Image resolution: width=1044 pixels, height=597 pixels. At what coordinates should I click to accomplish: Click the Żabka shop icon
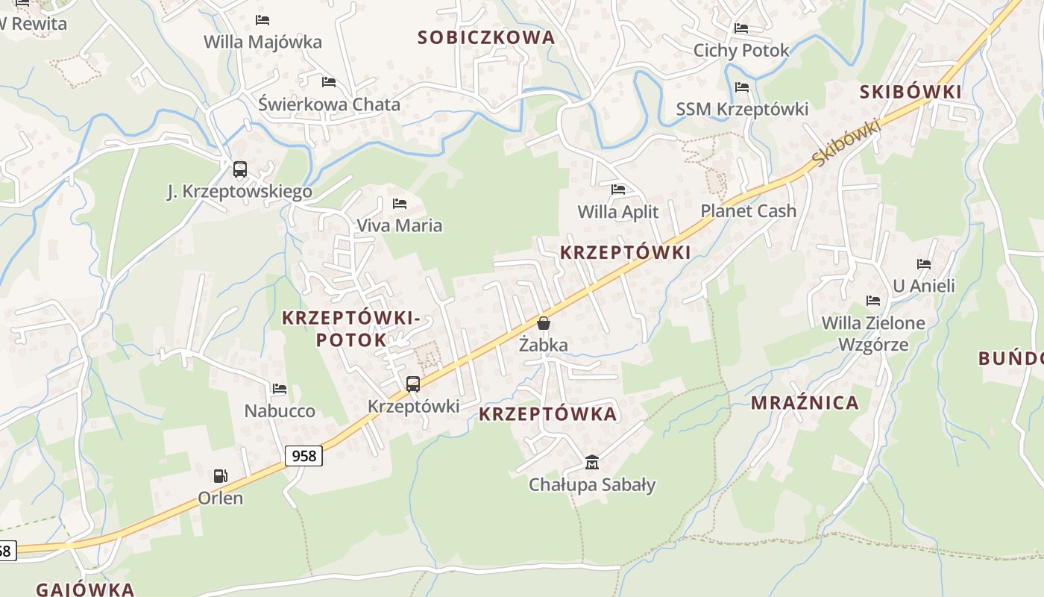tap(544, 323)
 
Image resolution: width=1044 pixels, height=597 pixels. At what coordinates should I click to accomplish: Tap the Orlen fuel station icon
tap(221, 475)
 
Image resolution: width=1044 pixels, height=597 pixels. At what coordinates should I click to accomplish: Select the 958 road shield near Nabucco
tap(304, 455)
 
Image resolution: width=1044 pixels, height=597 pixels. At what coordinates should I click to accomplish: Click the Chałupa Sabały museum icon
tap(592, 463)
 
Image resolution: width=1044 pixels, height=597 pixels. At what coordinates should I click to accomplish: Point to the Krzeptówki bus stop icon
tap(413, 384)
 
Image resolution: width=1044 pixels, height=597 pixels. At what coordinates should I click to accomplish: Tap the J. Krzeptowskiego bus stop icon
tap(239, 169)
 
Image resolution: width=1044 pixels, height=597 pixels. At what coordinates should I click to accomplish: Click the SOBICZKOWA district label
tap(486, 37)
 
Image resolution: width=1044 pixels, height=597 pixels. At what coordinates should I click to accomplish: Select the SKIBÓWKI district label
tap(911, 92)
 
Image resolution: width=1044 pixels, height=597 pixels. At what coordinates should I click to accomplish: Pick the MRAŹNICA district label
tap(805, 403)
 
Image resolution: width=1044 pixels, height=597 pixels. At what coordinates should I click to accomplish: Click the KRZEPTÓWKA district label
tap(548, 414)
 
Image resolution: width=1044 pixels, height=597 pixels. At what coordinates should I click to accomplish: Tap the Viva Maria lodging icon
tap(400, 203)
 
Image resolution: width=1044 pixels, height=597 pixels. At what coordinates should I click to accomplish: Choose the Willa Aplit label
tap(618, 212)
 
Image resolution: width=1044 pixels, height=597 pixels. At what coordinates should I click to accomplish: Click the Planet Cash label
tap(749, 211)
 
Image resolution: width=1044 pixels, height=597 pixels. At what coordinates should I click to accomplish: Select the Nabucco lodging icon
tap(280, 389)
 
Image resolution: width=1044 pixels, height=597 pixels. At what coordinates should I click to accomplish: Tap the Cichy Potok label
tap(741, 51)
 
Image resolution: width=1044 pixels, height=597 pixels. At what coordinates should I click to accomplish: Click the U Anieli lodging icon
tap(924, 263)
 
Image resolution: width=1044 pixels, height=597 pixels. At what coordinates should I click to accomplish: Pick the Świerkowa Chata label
tap(329, 104)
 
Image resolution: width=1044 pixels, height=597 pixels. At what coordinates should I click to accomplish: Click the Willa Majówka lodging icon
tap(262, 20)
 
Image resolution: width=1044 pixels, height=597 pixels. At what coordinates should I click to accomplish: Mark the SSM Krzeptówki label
tap(742, 110)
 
